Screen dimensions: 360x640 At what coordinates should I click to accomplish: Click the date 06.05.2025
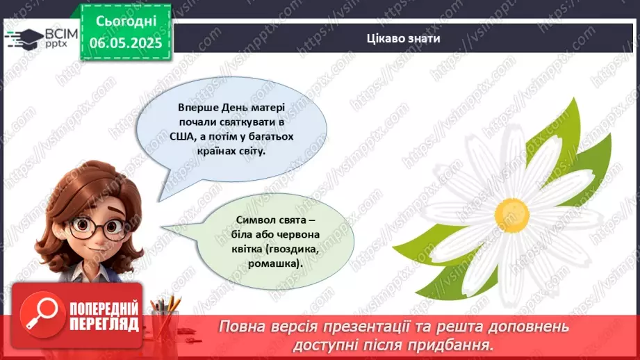[x=125, y=42]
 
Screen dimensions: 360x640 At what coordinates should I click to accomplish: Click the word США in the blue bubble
[x=182, y=136]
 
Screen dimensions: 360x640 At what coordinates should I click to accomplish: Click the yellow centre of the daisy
[x=513, y=216]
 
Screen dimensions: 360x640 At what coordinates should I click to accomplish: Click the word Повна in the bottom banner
[x=244, y=327]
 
